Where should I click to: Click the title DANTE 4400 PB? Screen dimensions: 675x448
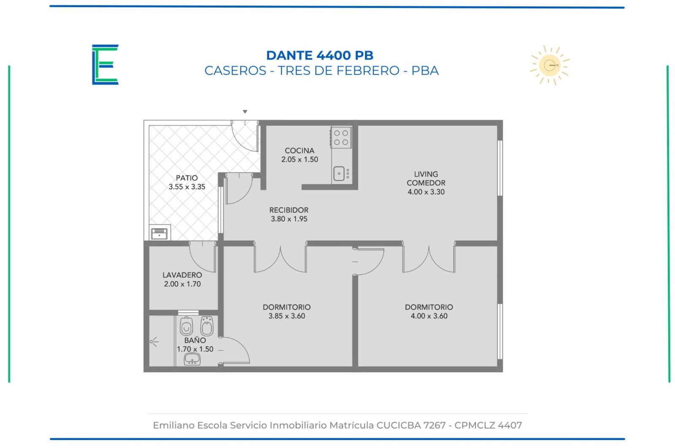320,55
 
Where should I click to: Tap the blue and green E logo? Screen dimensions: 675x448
105,65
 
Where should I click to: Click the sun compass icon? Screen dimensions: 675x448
550,65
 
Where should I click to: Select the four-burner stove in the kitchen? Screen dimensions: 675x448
341,138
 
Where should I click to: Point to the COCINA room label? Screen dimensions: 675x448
300,150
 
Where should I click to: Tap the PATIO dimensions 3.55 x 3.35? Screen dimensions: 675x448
187,187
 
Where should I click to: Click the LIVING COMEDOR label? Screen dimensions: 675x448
426,178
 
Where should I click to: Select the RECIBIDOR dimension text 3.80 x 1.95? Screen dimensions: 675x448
289,219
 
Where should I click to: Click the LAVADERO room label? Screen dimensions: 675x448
182,275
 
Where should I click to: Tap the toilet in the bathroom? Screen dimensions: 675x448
186,326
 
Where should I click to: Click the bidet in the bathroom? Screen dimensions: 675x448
207,326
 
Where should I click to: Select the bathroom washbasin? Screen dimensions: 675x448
192,359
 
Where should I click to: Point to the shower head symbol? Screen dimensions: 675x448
154,342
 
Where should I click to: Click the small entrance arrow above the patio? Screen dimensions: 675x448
245,112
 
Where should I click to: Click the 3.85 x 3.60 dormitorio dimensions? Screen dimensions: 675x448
287,316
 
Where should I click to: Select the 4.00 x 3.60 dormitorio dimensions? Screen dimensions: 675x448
429,316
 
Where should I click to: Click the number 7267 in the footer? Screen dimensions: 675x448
434,425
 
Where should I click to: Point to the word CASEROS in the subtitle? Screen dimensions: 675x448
235,71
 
